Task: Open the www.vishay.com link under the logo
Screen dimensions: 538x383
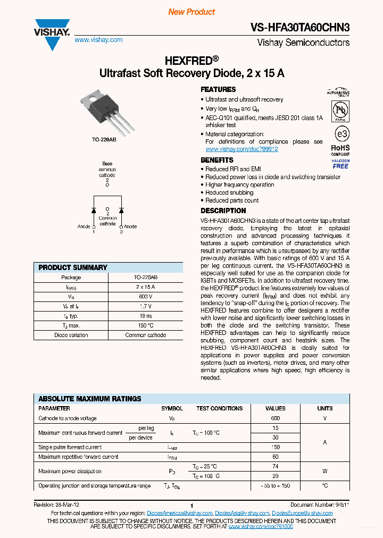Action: pyautogui.click(x=98, y=40)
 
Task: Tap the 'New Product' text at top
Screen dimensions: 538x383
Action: pyautogui.click(x=191, y=12)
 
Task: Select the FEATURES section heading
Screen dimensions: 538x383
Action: pyautogui.click(x=218, y=89)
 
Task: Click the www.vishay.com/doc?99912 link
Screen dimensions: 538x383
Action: pyautogui.click(x=242, y=149)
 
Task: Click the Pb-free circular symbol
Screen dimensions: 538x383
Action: pyautogui.click(x=340, y=110)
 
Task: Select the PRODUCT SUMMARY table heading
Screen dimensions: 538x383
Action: pyautogui.click(x=73, y=267)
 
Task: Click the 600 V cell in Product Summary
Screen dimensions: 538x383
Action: pyautogui.click(x=145, y=297)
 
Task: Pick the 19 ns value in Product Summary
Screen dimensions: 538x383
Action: pyautogui.click(x=145, y=316)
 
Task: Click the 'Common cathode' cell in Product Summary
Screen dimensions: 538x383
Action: pyautogui.click(x=145, y=335)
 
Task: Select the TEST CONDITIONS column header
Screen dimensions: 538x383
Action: pyautogui.click(x=219, y=408)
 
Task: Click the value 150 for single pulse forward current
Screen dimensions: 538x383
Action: pyautogui.click(x=275, y=447)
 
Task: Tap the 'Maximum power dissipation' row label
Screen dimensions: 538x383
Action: pyautogui.click(x=70, y=471)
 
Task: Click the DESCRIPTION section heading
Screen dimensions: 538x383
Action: pyautogui.click(x=223, y=211)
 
